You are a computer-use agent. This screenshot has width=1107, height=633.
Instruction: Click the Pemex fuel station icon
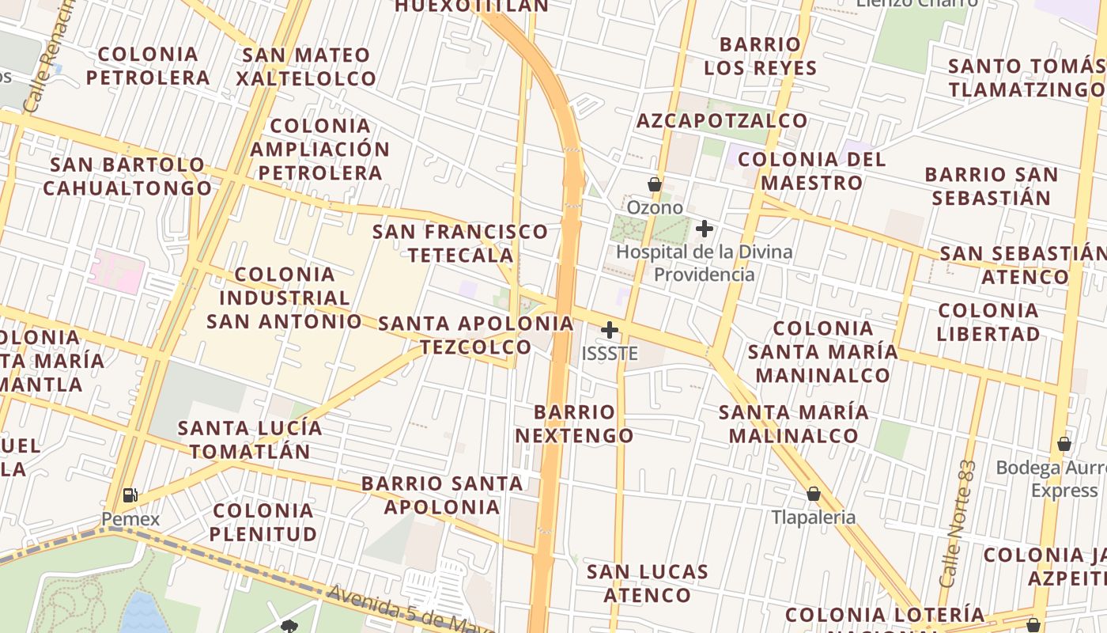130,495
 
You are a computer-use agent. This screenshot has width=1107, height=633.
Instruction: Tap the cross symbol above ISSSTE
610,330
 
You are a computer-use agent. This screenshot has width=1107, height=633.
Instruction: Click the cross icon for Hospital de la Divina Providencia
705,229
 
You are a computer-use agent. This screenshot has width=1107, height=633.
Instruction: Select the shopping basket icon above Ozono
655,184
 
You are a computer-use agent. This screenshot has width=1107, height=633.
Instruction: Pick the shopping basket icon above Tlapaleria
814,495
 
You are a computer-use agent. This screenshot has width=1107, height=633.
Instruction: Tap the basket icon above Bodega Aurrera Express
1064,443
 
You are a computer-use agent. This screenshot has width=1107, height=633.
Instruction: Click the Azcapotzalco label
722,120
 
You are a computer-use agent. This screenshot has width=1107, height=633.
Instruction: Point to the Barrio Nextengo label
575,423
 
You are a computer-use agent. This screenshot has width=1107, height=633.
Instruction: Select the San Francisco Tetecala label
460,243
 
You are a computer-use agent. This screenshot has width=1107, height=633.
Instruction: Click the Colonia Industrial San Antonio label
284,298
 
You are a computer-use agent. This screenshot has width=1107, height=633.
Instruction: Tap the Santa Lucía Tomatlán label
250,440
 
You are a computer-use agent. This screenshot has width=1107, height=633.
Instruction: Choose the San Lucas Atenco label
648,582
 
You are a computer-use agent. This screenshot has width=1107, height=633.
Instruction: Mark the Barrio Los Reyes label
760,55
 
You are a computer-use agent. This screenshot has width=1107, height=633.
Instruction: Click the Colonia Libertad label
988,321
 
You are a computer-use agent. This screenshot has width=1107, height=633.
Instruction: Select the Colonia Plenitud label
263,521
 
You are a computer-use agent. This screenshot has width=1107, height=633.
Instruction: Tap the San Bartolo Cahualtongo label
128,176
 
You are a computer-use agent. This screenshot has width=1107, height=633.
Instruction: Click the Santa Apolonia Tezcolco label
475,335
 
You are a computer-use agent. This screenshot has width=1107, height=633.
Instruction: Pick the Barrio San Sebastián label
992,185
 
